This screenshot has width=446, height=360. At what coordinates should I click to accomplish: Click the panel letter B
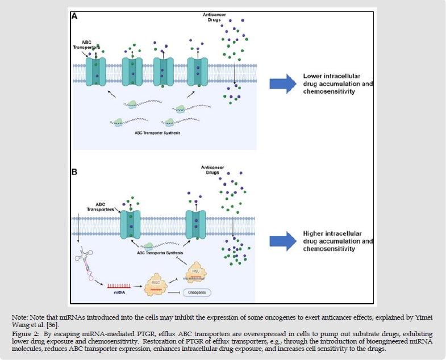74,170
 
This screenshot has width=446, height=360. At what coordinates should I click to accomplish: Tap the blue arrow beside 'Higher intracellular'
283,241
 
